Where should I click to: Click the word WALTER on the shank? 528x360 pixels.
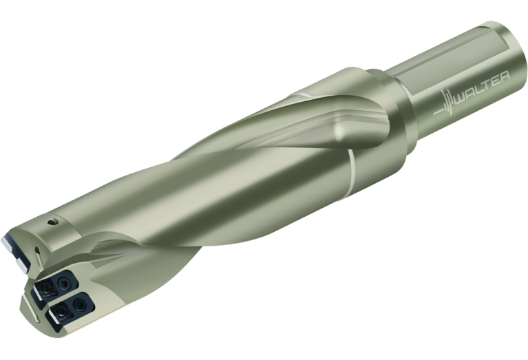[482, 88]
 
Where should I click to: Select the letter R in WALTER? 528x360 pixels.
[503, 77]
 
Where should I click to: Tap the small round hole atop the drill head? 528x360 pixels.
[52, 222]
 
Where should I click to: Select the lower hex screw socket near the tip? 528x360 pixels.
[79, 305]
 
